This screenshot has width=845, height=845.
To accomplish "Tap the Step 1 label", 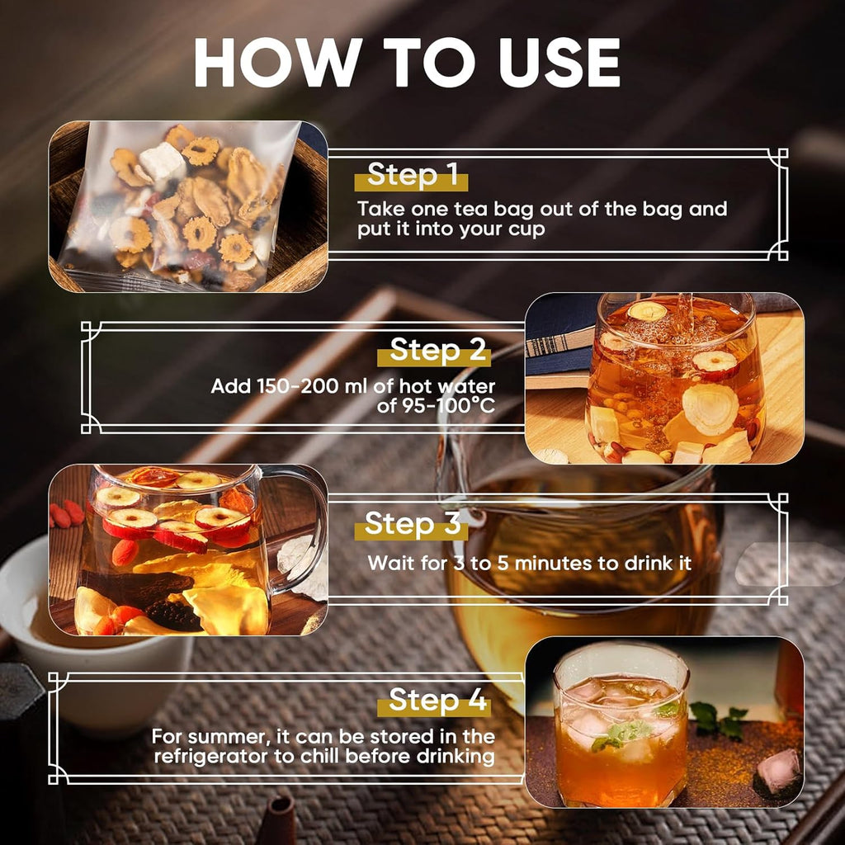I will coord(412,176).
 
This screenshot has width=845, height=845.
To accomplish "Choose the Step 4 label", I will coord(437,701).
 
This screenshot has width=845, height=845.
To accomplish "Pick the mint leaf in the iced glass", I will coord(621,734).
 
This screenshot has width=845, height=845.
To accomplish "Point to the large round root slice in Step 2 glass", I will coord(709,409).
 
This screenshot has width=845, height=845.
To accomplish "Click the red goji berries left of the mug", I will coord(66,514).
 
